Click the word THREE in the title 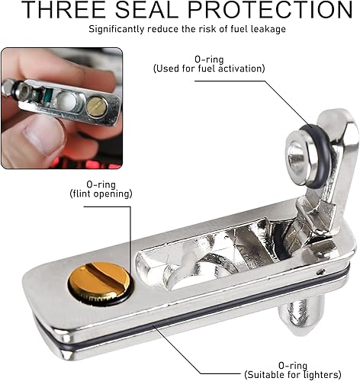[x=65, y=10]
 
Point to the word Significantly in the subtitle [x=117, y=29]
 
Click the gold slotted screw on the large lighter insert [x=101, y=281]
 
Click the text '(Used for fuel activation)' [x=209, y=69]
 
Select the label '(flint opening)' [x=101, y=194]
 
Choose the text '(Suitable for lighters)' [x=293, y=375]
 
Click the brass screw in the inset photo [x=97, y=107]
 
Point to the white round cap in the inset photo [x=67, y=101]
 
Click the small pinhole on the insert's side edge [x=320, y=272]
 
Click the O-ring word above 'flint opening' [x=101, y=184]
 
